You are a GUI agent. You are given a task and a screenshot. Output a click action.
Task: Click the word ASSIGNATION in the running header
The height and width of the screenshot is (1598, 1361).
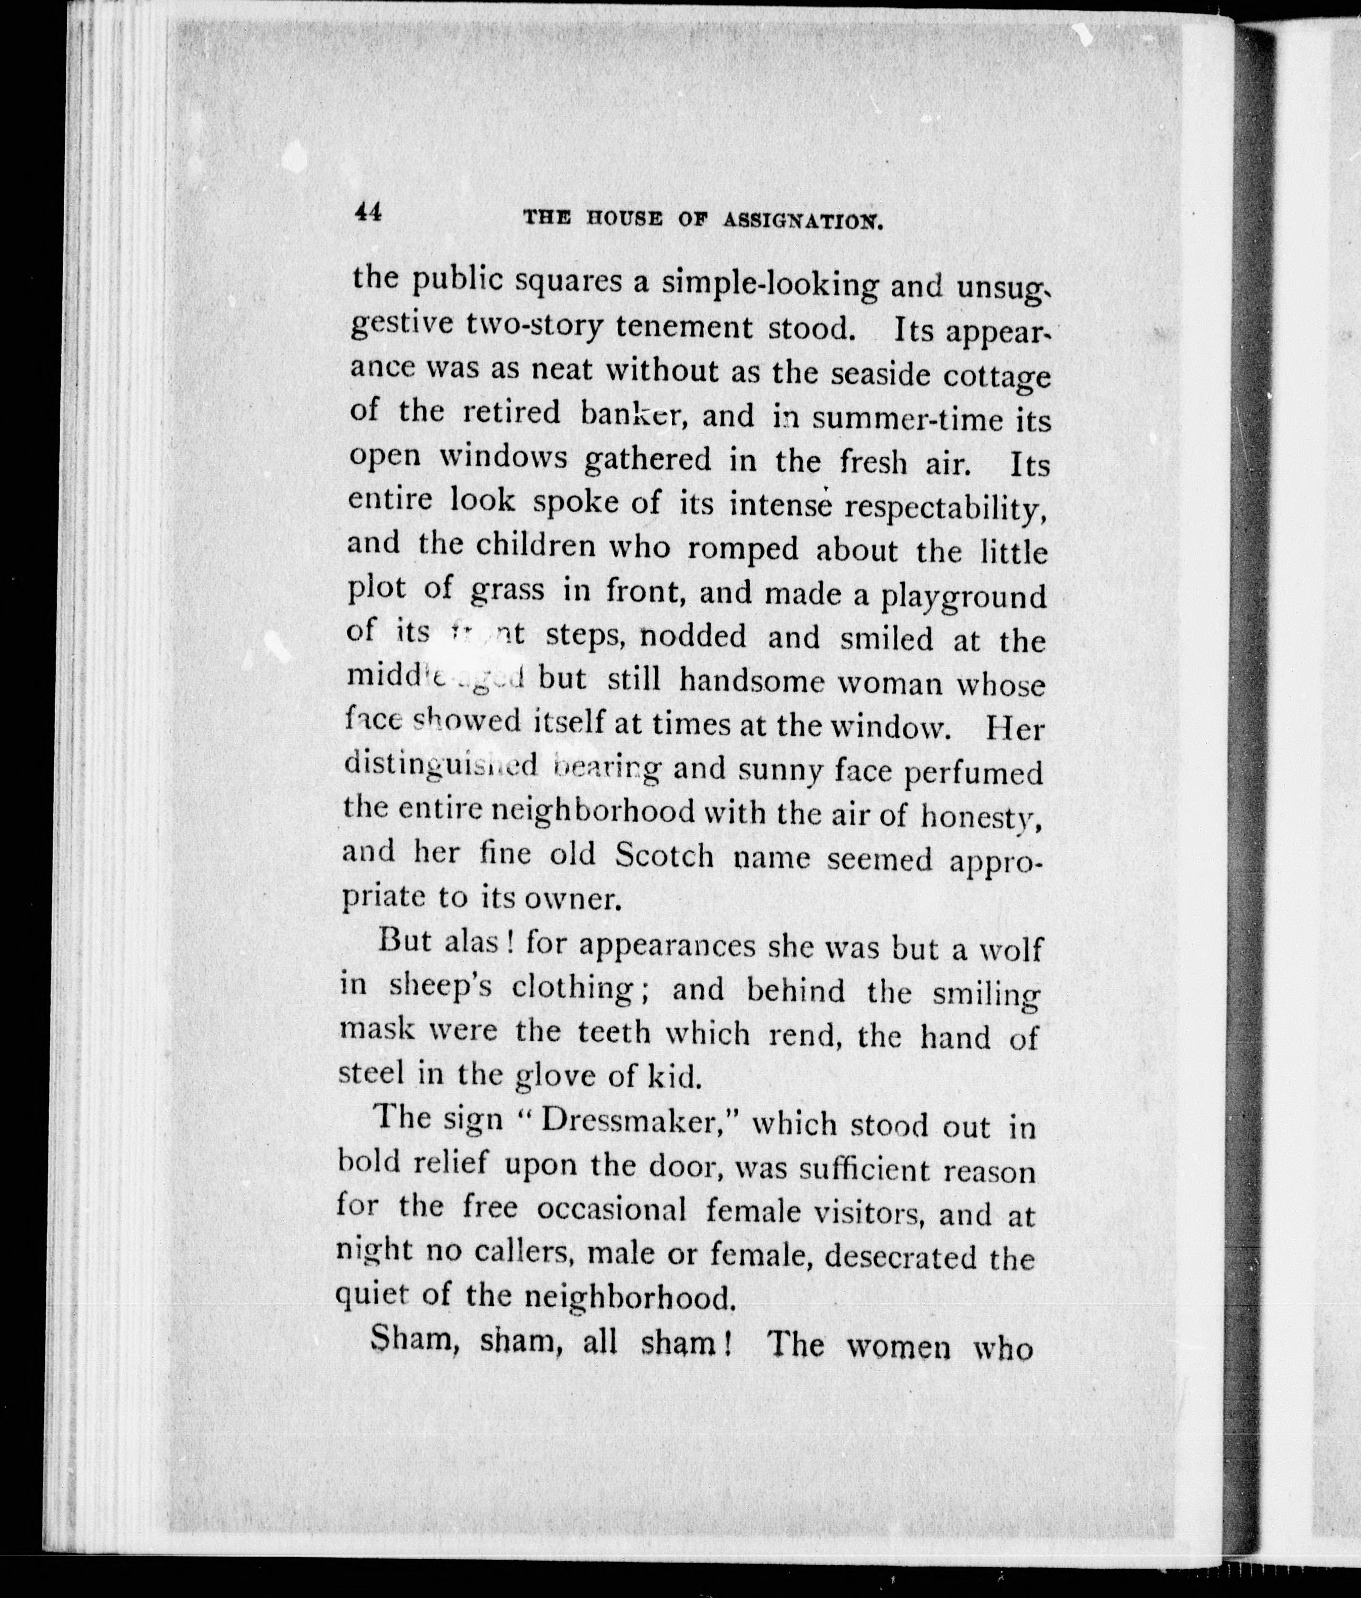point(802,221)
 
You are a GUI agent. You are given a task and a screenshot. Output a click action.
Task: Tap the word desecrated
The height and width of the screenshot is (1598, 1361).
point(908,1258)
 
